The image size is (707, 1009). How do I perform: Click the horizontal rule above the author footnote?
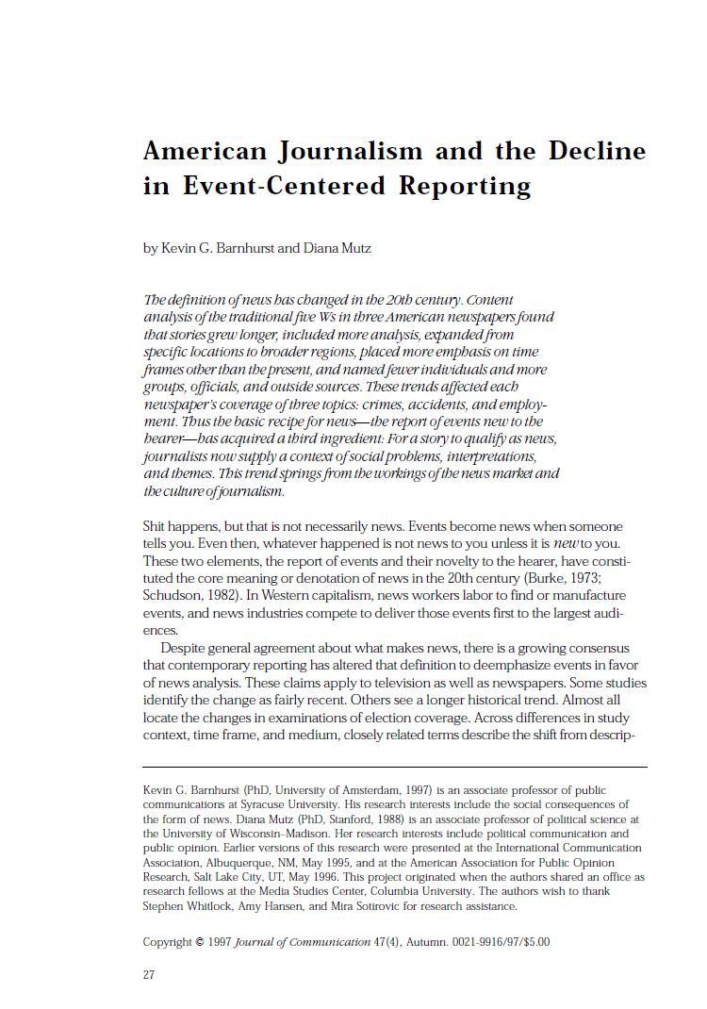(x=394, y=767)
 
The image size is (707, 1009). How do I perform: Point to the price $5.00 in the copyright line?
(x=534, y=941)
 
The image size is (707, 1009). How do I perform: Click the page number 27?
(x=149, y=975)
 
